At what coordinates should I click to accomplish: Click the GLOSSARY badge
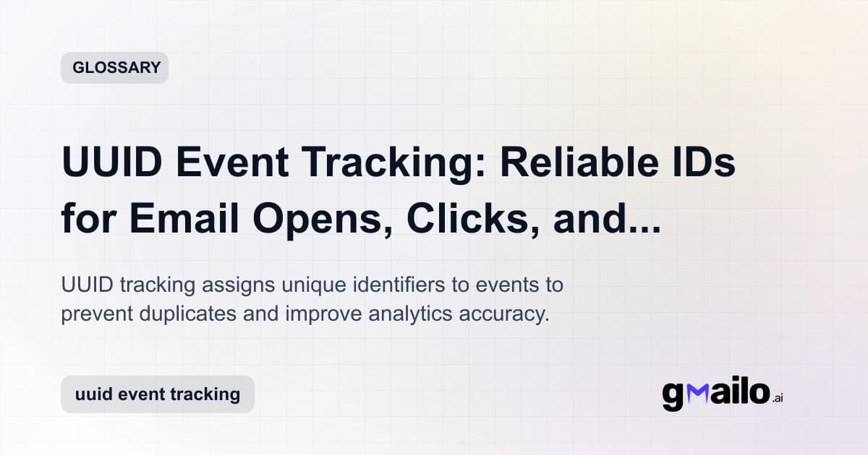tap(114, 68)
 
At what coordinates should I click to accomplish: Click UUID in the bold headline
tap(113, 164)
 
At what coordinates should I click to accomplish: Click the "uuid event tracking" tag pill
tap(157, 394)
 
